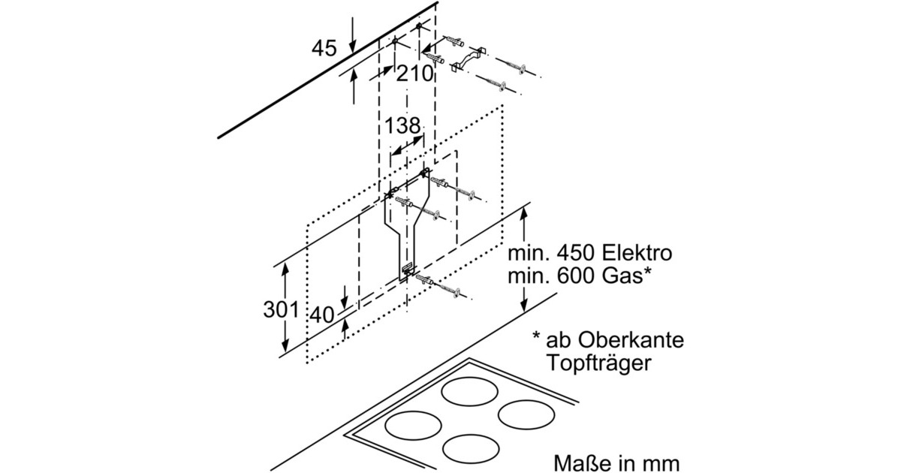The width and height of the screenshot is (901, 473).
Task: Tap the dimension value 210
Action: click(x=416, y=74)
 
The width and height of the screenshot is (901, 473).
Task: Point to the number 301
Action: click(x=282, y=309)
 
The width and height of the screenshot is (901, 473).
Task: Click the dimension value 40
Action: click(x=321, y=315)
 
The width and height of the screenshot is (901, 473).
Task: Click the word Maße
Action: click(x=580, y=459)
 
